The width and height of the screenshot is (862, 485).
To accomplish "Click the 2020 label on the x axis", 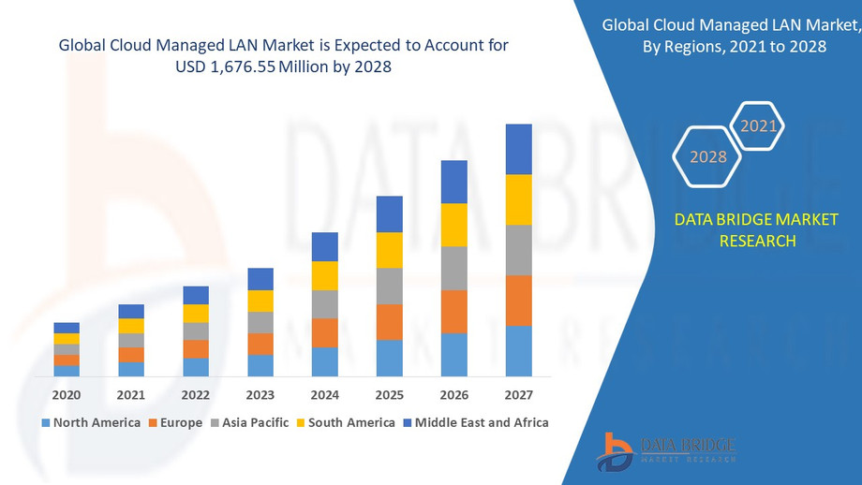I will (x=67, y=395).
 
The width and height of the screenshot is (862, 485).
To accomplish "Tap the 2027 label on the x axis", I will (x=518, y=395).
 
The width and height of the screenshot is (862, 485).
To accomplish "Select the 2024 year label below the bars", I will (x=324, y=395).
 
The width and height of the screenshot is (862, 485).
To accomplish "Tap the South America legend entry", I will (x=345, y=422).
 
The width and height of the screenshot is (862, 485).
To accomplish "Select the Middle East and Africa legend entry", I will (x=475, y=422).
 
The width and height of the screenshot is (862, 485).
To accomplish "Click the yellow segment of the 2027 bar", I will (x=518, y=199).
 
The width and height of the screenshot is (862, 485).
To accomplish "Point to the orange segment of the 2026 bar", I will (x=453, y=312).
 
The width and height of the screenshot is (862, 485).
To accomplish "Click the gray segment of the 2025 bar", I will (x=389, y=287).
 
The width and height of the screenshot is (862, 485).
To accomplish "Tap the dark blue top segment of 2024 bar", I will (x=324, y=246).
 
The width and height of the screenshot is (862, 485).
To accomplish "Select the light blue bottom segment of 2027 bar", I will (x=518, y=351).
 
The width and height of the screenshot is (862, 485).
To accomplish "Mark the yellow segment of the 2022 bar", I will (x=196, y=314).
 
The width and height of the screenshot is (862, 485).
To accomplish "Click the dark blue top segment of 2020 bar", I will (x=67, y=328).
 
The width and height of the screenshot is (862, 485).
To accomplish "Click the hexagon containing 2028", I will (x=708, y=156).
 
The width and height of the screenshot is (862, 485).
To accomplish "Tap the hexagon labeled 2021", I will (x=758, y=125).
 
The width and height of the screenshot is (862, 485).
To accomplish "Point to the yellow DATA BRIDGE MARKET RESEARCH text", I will (x=756, y=230).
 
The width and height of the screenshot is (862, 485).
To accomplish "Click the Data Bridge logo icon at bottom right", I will (x=616, y=450).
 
